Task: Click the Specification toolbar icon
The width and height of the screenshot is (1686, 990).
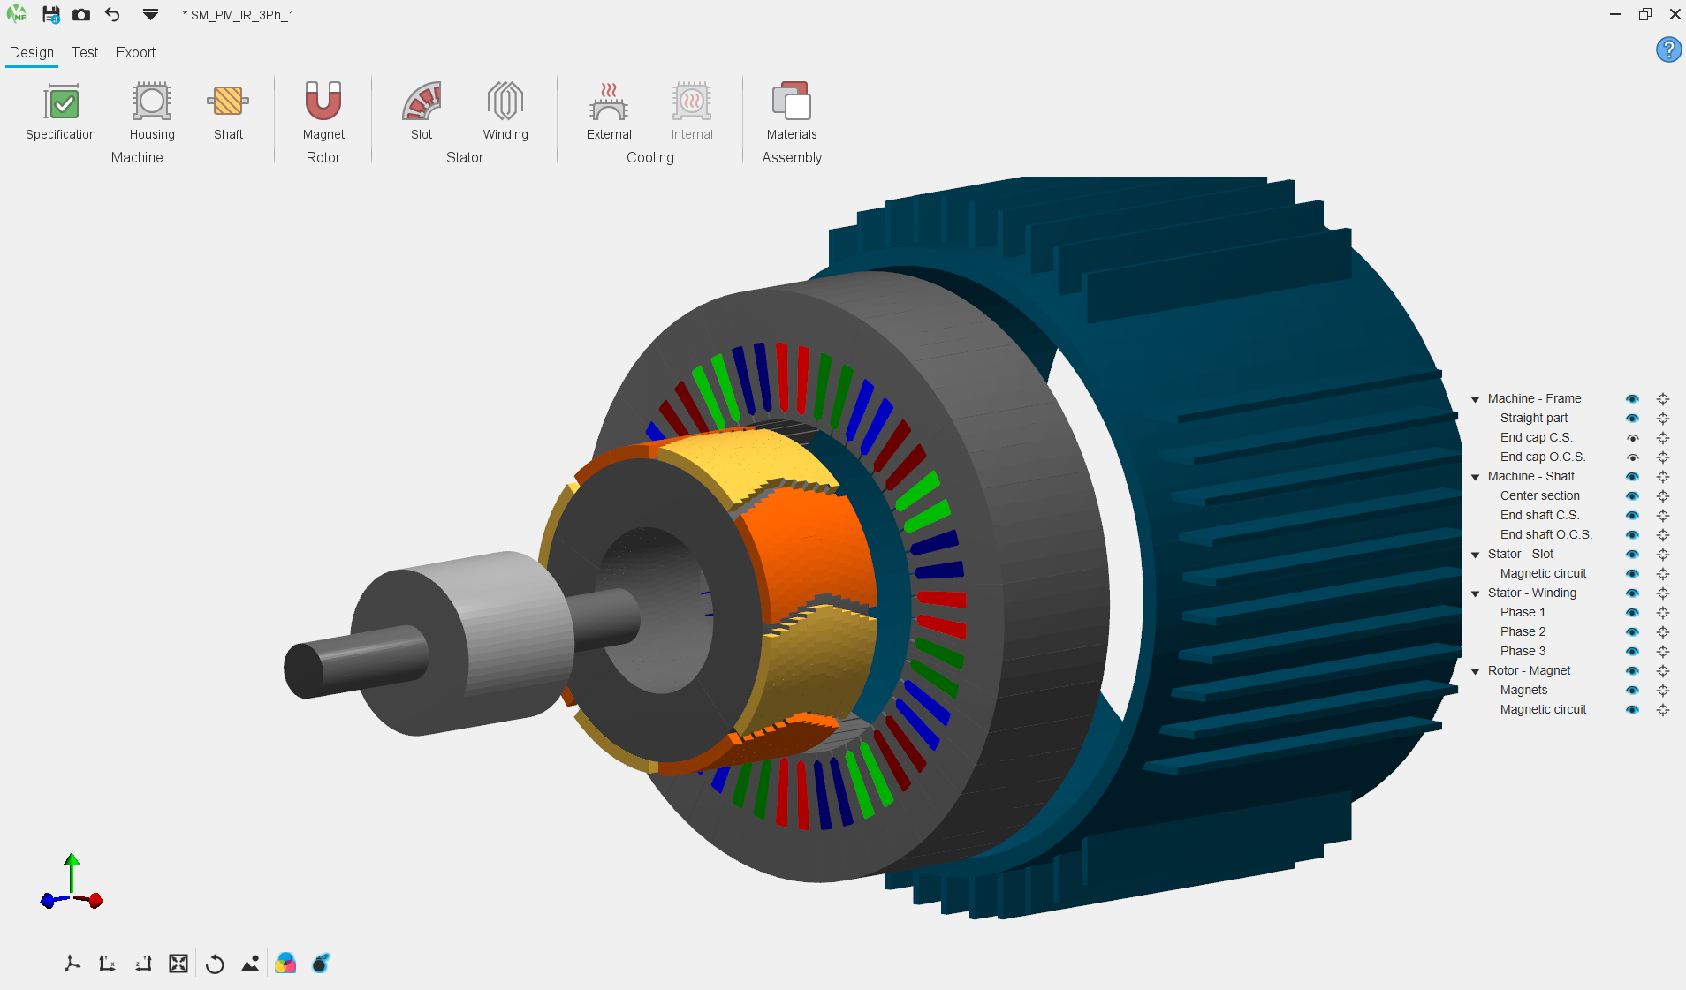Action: [x=61, y=102]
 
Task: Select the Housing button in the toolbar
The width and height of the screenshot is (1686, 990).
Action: [x=152, y=102]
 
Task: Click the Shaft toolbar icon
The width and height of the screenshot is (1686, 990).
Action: [x=228, y=102]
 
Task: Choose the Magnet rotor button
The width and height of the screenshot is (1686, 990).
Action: [x=323, y=102]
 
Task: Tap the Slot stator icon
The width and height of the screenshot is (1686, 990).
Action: [x=421, y=102]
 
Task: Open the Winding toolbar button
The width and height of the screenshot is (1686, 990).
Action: [x=505, y=102]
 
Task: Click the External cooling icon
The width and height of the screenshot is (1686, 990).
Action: [x=609, y=102]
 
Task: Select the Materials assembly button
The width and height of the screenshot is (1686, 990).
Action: [x=792, y=102]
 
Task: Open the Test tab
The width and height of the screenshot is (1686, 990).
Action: [x=85, y=52]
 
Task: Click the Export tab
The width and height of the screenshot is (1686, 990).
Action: [x=135, y=52]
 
